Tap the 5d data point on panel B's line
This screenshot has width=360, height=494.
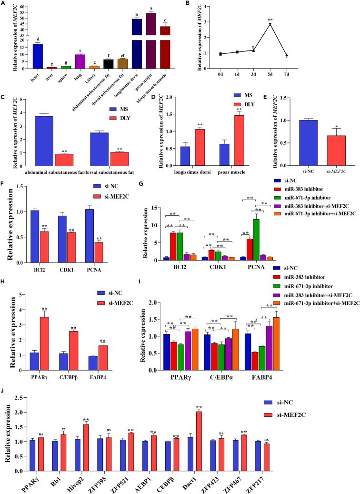(270, 24)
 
